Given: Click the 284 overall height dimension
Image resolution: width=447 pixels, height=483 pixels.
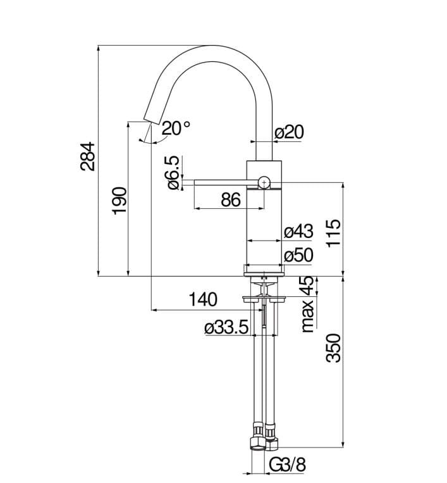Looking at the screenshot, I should (x=89, y=156).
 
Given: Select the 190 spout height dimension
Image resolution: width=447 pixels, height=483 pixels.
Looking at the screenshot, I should (x=120, y=200).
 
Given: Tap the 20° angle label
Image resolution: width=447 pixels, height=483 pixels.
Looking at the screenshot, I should (x=175, y=128).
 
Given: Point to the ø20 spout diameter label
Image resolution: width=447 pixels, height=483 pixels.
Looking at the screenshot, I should (x=290, y=132).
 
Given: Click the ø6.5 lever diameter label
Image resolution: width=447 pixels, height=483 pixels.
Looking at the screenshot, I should (x=173, y=173).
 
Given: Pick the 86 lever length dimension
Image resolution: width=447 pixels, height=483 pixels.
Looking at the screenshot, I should (x=231, y=199).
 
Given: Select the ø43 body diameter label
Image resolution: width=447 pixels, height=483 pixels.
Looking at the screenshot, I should (x=299, y=231).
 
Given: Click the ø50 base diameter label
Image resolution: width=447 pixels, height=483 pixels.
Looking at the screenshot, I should (x=299, y=255).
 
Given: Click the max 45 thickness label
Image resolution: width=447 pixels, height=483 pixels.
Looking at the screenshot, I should (x=307, y=304).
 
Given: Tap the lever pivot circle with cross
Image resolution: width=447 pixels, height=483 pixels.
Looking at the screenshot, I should (x=264, y=183).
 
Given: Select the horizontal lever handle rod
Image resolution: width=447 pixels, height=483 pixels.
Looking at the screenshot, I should (x=221, y=183).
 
